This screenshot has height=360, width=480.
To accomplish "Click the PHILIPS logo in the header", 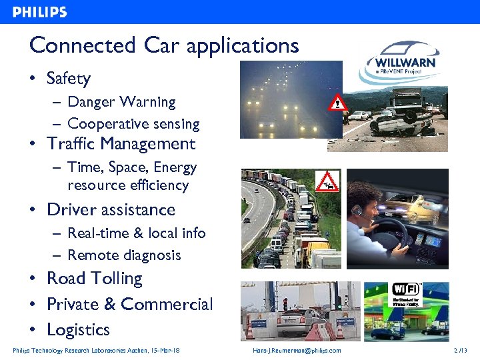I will [40, 12].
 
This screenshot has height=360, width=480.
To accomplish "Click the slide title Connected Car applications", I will [164, 45].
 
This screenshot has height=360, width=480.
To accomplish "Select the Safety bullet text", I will [68, 79].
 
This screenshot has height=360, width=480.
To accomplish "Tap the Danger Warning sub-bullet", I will [121, 102].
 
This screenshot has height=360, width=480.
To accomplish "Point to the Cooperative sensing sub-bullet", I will [133, 124].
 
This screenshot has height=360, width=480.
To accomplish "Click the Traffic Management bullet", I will [121, 144].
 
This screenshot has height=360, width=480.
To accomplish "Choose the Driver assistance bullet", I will [111, 209].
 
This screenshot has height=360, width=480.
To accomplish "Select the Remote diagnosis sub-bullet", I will [124, 255].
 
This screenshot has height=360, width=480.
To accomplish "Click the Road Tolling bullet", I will [94, 279].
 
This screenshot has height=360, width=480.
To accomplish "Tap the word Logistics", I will [78, 330].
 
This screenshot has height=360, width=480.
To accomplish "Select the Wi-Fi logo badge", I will [405, 293].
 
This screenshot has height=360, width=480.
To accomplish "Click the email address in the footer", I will [297, 351].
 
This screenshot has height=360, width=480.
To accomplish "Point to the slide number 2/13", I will [460, 351].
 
